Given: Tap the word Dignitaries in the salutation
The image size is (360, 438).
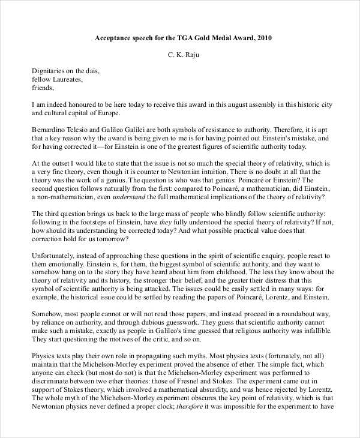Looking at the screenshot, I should pyautogui.click(x=49, y=70).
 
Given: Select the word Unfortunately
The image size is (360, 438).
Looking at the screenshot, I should pyautogui.click(x=55, y=255).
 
